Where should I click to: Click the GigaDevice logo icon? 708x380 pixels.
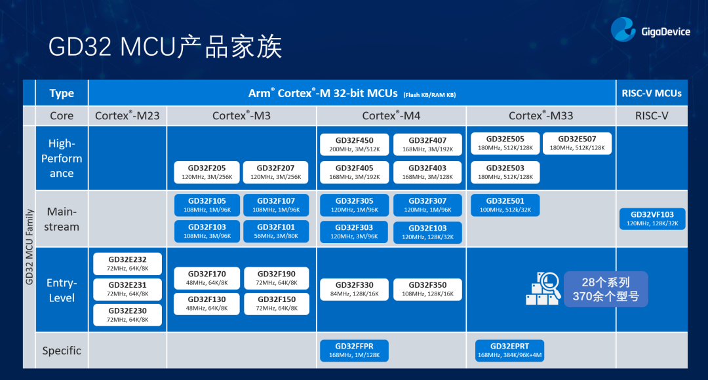pos(623,29)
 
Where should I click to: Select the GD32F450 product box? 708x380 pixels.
pos(355,144)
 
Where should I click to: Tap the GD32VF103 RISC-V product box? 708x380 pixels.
pos(652,219)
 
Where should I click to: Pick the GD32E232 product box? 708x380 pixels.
pos(127,264)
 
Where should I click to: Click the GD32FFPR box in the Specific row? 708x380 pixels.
pos(355,351)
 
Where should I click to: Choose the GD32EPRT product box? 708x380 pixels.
pos(509,351)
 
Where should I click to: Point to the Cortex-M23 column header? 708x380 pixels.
pos(127,116)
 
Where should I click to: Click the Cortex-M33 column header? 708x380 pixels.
pos(541,116)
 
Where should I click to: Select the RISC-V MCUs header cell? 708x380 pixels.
pos(652,93)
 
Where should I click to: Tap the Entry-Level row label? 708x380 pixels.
pos(62,290)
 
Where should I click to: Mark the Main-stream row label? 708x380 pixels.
pos(62,219)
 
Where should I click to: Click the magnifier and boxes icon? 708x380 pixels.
pos(543,289)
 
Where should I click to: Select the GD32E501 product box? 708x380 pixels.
pos(505,205)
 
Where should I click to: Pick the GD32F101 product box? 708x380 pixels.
pos(276,231)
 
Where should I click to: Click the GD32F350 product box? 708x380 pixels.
pos(427,290)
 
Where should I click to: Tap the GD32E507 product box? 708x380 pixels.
pos(577,143)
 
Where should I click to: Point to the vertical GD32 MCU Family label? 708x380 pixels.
pos(29,247)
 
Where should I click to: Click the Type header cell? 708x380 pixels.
pos(62,93)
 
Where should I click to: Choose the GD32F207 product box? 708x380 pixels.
pos(275,172)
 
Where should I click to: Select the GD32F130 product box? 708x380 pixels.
pos(206,304)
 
